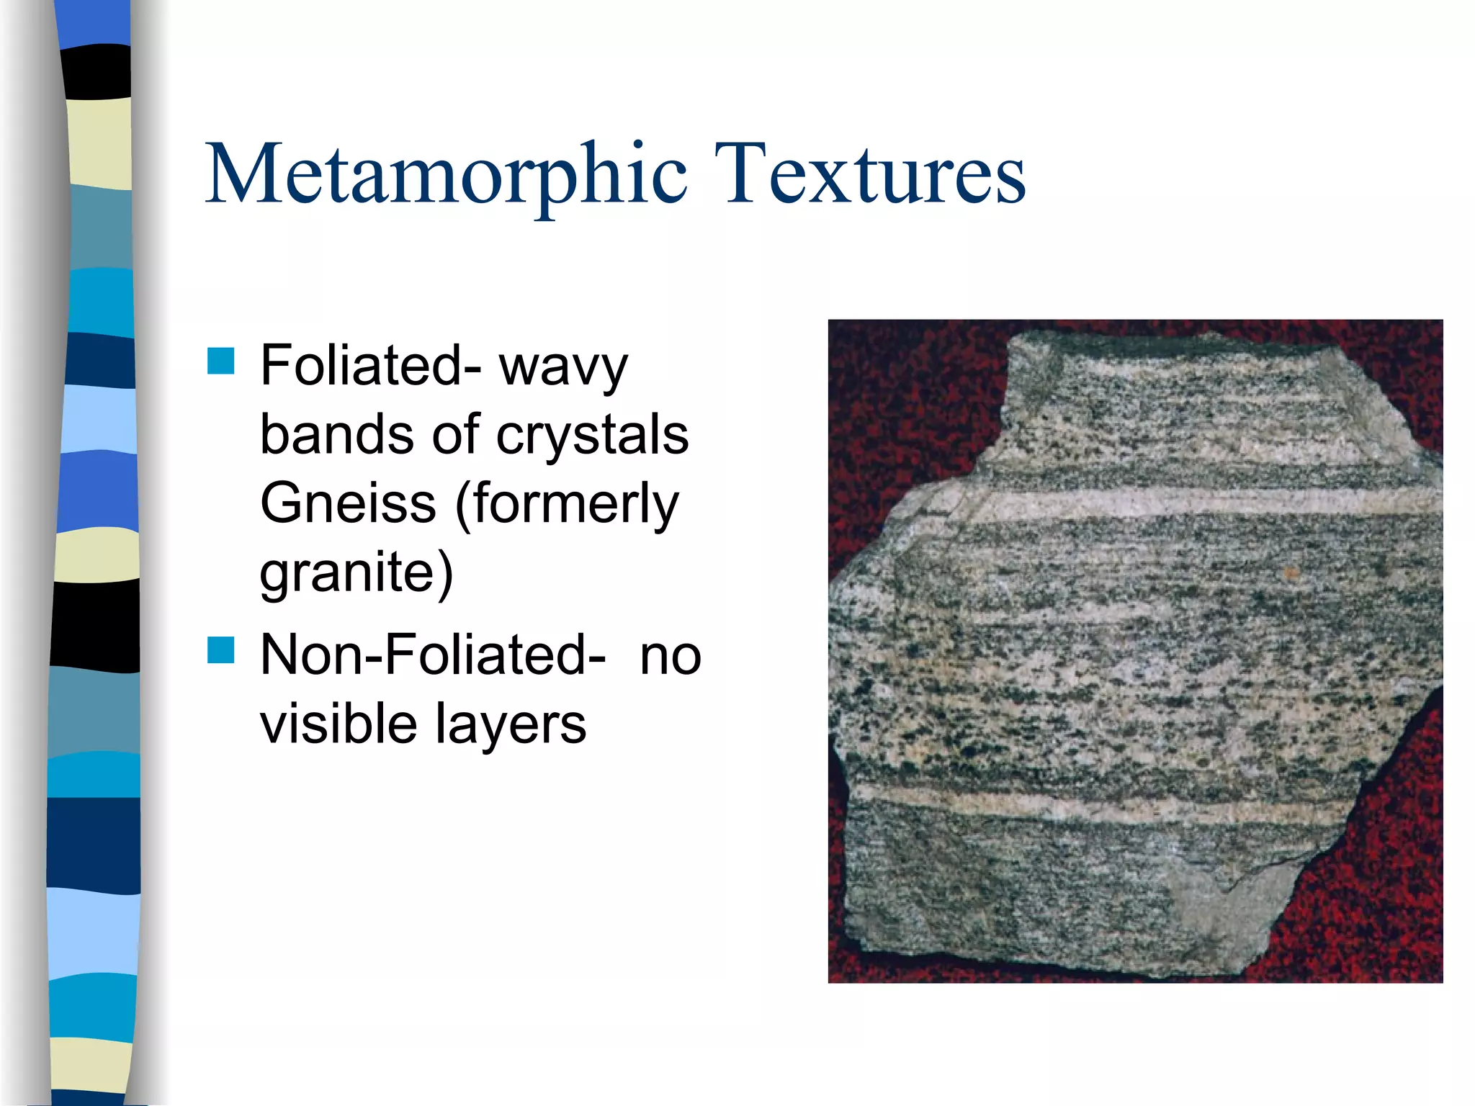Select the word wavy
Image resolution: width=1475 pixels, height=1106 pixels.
(563, 367)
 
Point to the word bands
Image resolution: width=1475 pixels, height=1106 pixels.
(337, 435)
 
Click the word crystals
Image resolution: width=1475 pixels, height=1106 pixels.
(592, 435)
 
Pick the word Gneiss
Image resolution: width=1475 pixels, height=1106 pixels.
(348, 503)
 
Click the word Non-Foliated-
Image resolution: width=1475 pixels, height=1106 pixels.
(433, 655)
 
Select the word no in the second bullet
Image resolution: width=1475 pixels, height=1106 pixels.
(670, 657)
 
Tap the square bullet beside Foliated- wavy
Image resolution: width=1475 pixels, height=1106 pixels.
(221, 361)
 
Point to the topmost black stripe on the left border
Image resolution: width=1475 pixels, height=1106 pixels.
(97, 71)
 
